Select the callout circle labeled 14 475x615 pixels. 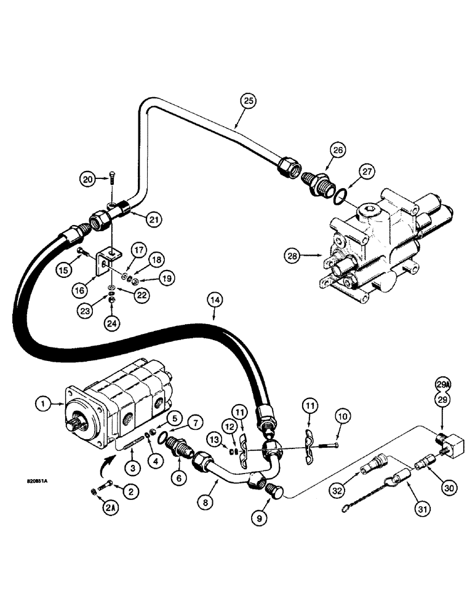(x=214, y=302)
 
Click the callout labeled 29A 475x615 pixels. (x=443, y=384)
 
